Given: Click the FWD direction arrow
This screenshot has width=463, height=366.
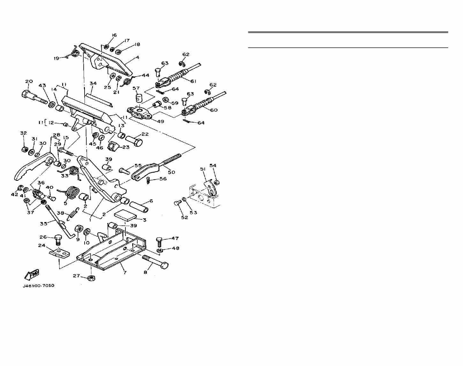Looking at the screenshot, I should tap(32, 274).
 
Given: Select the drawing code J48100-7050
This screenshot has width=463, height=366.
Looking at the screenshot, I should tap(38, 286).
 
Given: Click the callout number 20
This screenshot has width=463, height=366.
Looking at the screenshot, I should tap(29, 81).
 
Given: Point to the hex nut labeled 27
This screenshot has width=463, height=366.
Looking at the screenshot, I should tap(91, 278).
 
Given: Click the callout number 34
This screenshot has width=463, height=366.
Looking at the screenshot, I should tap(93, 84).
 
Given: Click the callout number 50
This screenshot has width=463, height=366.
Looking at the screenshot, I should tap(171, 172).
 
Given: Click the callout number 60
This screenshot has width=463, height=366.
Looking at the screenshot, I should tap(213, 110).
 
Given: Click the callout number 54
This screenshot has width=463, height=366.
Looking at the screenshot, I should tap(213, 165).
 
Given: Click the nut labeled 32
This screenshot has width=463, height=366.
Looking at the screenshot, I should tap(24, 149).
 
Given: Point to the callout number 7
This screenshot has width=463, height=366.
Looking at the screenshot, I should tap(125, 273).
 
